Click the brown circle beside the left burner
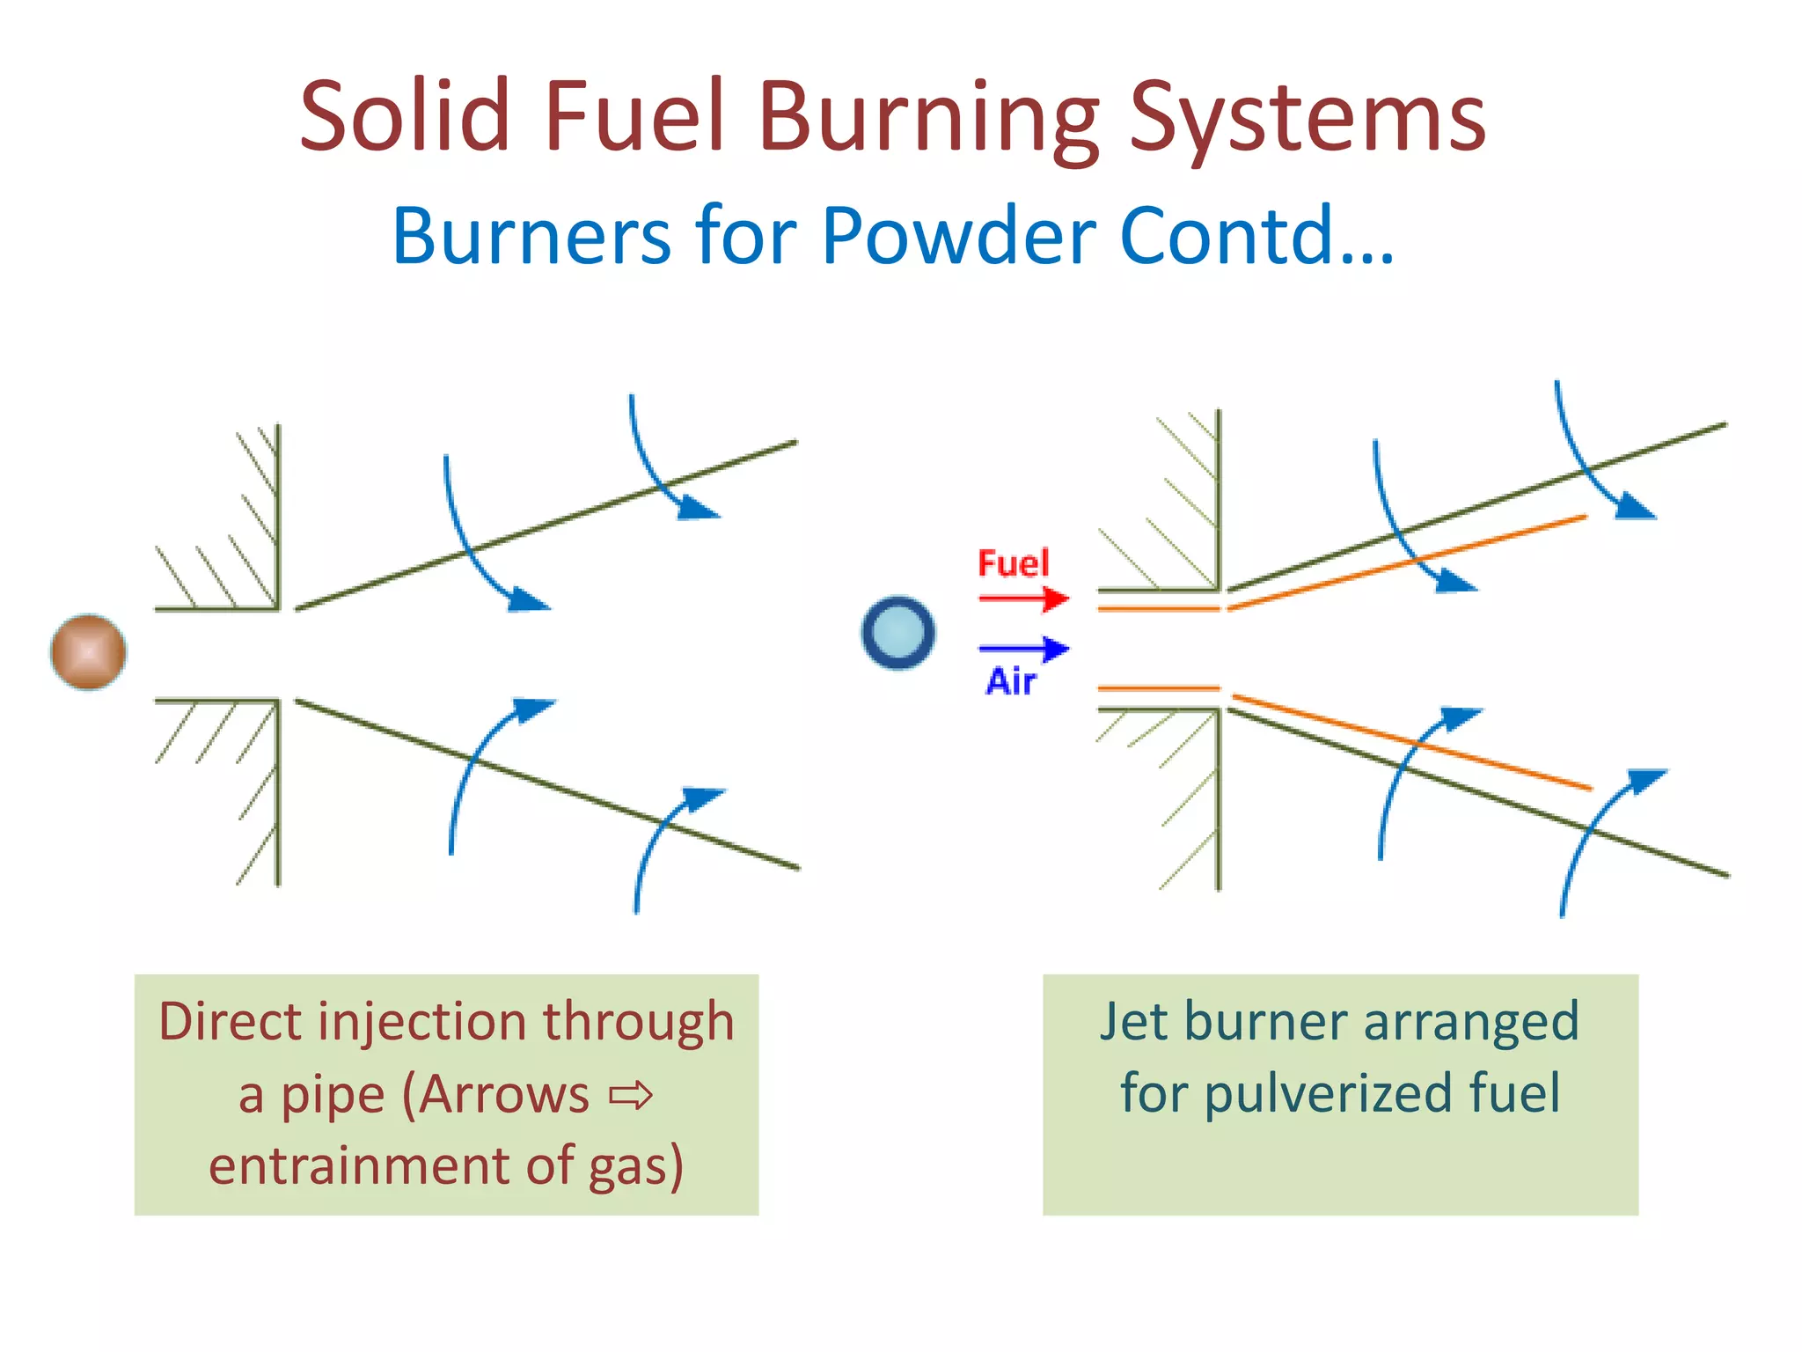88,652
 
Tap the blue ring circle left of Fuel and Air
897,633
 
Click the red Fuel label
1014,563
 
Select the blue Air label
1011,682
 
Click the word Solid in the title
406,116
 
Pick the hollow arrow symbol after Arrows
631,1096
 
